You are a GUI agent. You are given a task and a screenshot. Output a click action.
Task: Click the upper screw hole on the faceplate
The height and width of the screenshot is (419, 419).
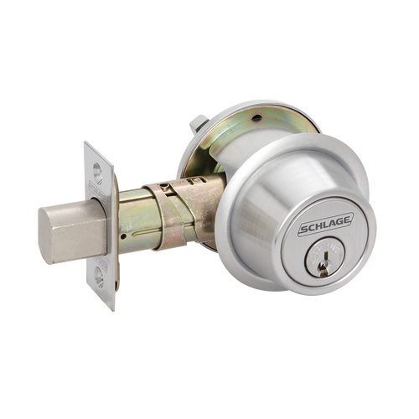101,171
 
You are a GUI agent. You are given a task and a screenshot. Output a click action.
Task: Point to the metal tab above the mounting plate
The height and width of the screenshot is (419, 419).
199,123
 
